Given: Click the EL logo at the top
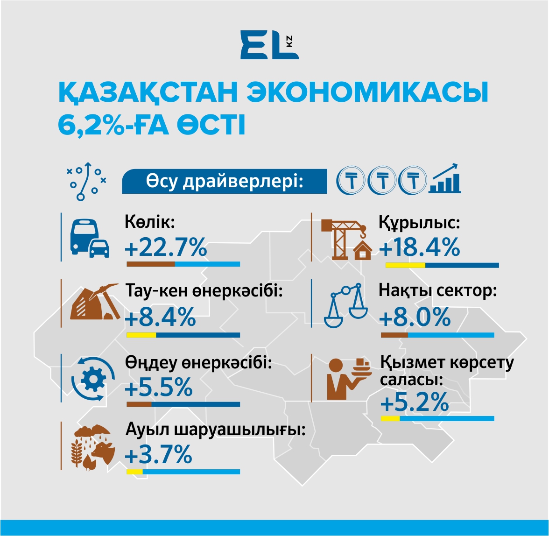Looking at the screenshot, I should pos(269,45).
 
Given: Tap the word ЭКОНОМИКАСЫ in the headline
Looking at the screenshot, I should pos(367,92).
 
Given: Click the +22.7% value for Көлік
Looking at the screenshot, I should pos(166,247).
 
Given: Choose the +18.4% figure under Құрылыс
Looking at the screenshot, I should pos(419,247).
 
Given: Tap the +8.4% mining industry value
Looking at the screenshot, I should pos(160,318).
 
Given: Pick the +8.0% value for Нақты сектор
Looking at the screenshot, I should pos(415,318).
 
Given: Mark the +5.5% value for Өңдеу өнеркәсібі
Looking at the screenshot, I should pos(159,388).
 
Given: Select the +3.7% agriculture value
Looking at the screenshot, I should pos(158,455).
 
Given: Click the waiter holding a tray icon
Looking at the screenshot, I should pos(348,377).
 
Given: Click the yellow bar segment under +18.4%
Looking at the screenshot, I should pos(405,265).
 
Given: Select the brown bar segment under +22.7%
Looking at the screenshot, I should pos(150,264).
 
